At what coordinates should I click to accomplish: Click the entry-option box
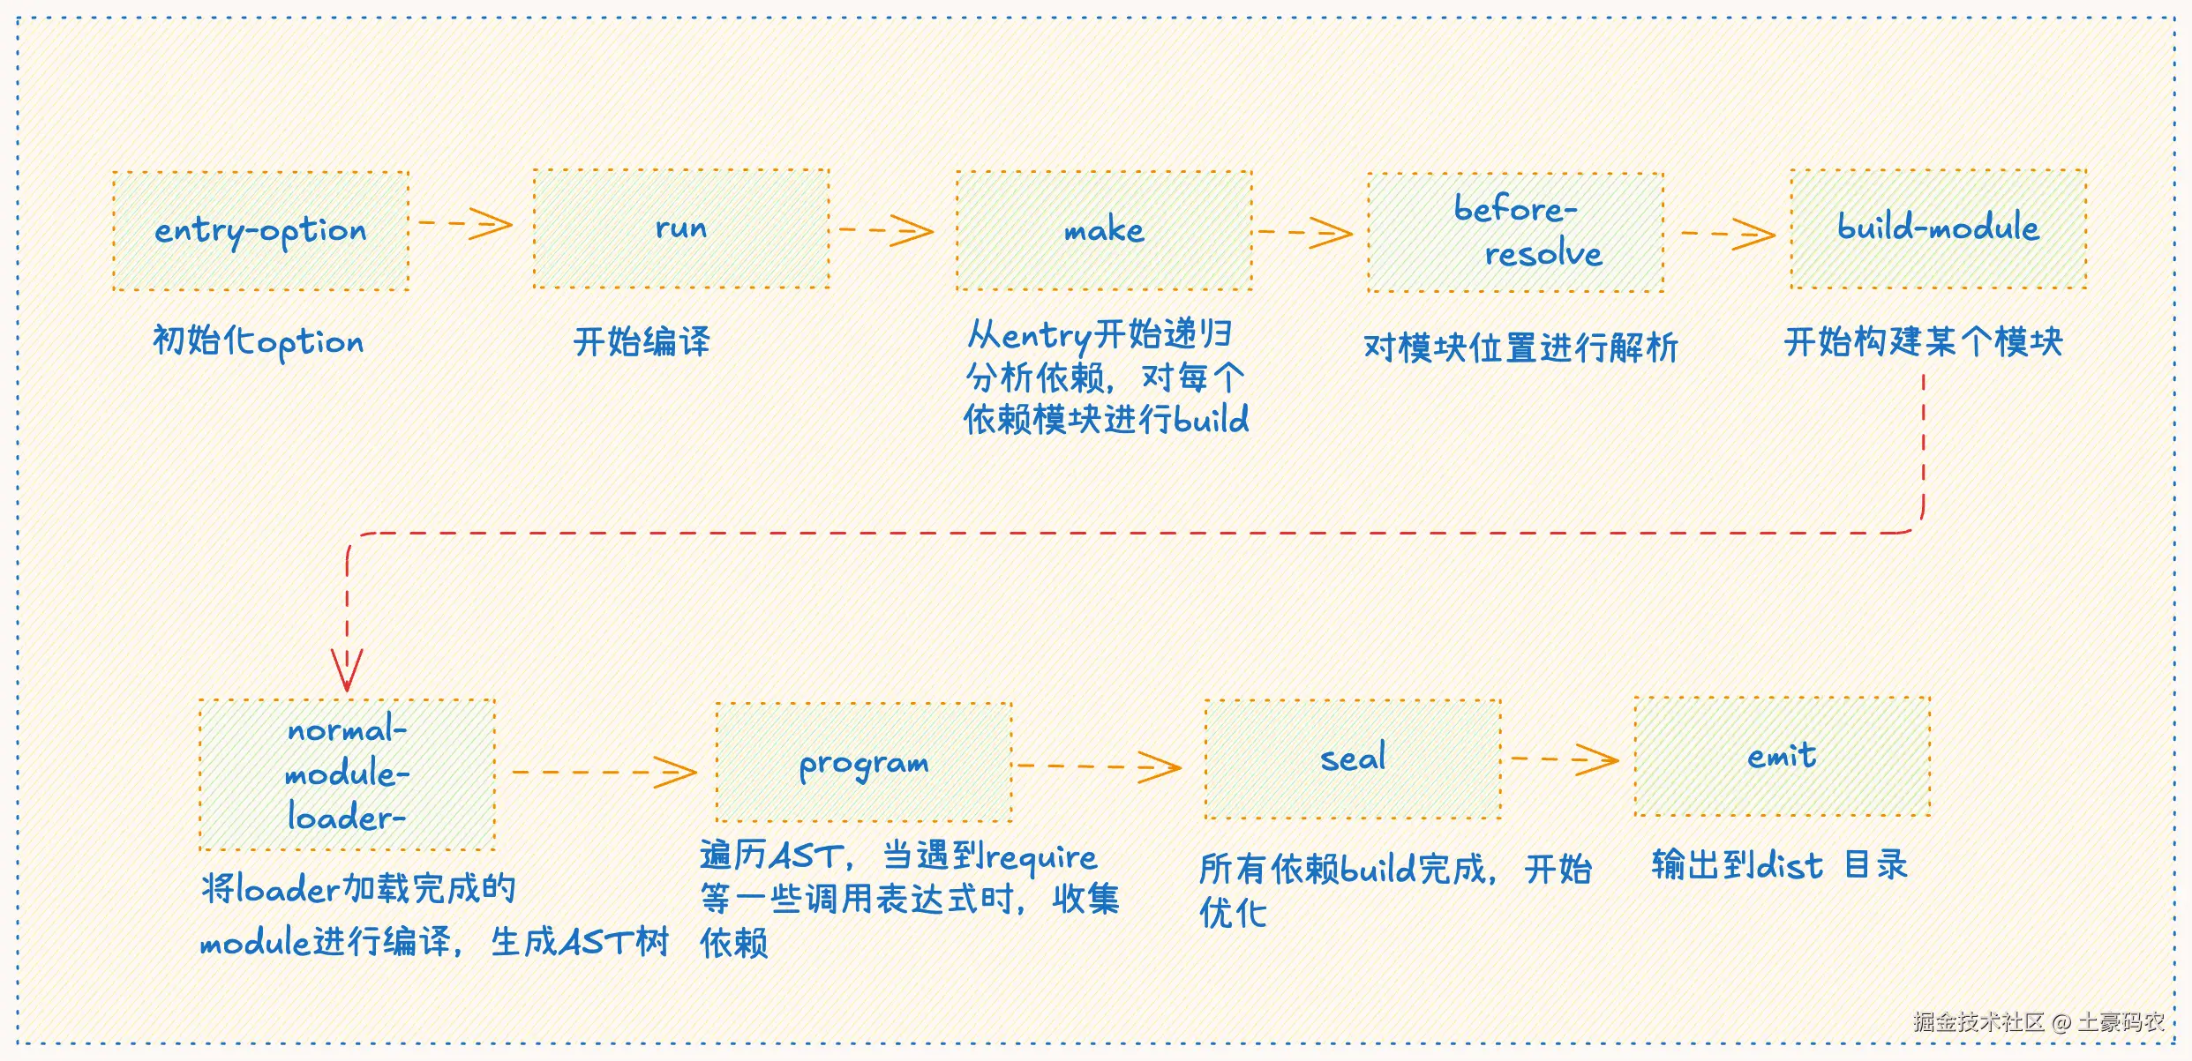260,231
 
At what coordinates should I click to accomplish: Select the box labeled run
680,228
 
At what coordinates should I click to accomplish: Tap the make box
1103,230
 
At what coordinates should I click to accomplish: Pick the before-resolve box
1515,232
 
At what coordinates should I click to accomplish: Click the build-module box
1938,228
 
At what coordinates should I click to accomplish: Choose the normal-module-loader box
347,774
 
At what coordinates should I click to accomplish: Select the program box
863,763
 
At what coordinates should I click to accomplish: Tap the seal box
1352,759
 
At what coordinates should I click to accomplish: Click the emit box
1782,756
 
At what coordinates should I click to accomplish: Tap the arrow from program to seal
1099,766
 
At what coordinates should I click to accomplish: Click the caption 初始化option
258,341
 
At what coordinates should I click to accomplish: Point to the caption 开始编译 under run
642,341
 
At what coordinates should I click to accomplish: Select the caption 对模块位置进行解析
1520,347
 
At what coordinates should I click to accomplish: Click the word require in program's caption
1041,856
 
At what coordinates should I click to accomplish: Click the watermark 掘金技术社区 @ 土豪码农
2038,1022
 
